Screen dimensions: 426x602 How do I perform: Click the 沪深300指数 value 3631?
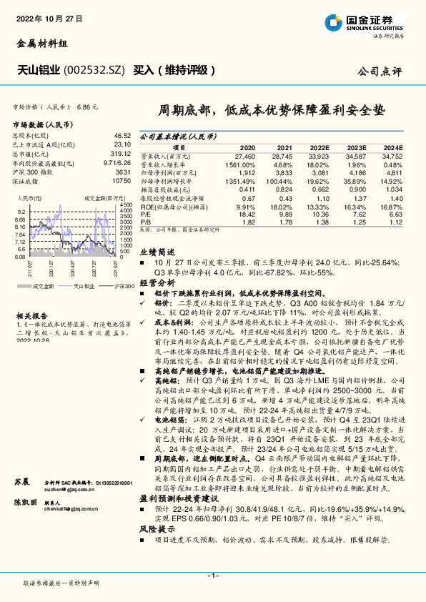point(122,172)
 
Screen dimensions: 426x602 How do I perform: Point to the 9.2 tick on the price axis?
point(21,212)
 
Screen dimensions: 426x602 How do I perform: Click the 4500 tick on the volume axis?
point(126,205)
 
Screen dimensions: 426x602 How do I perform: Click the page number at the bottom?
point(212,576)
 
